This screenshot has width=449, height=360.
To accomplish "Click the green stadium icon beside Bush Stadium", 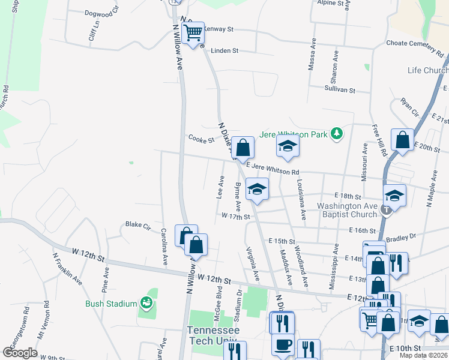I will pos(145,303).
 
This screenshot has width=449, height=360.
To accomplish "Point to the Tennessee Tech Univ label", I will pos(213,335).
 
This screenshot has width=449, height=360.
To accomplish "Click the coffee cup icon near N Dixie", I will pos(282,345).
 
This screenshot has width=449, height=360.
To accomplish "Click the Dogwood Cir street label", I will pos(99,13).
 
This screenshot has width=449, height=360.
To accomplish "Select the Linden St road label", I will pos(225,50).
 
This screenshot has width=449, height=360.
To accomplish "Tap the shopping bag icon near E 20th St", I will pos(402,140).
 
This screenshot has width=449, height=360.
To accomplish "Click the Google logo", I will pos(20,353).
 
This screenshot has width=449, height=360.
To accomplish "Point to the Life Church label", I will pos(427,70).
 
